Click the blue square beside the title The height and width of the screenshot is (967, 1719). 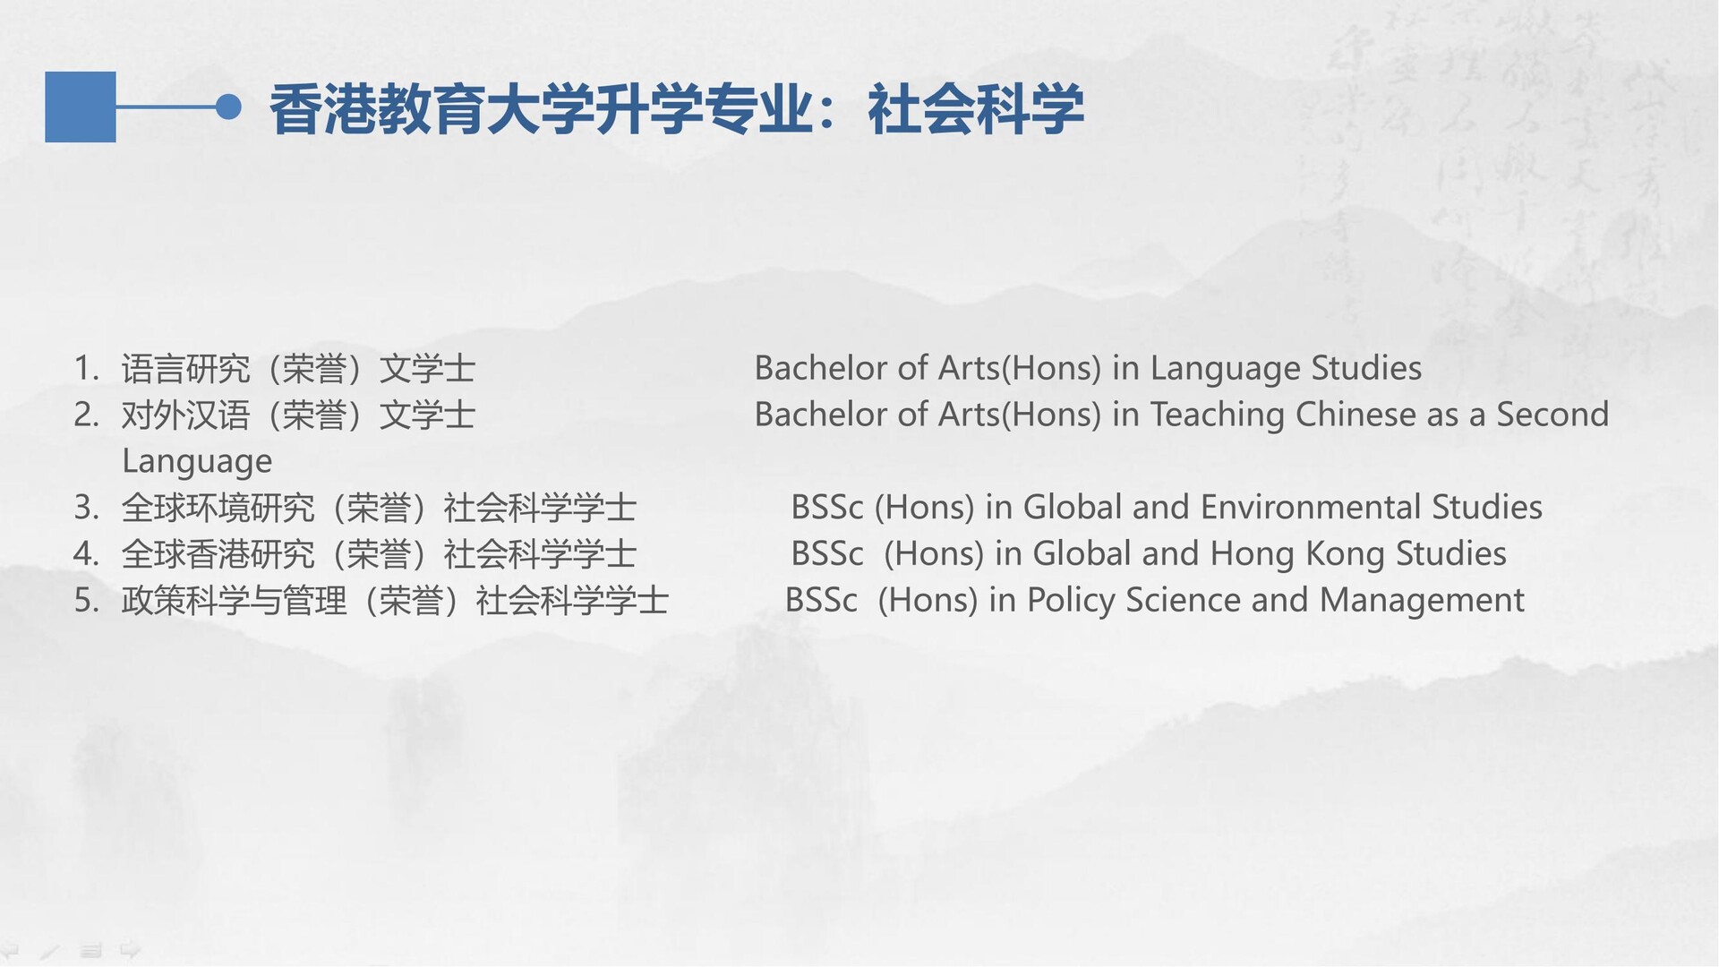pos(81,107)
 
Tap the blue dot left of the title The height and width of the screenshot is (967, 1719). pos(229,107)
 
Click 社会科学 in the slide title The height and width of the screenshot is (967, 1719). pos(976,109)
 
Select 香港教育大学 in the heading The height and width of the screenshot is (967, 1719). pos(432,109)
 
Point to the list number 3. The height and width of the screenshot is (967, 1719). pos(85,508)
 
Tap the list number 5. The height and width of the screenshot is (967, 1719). pos(85,601)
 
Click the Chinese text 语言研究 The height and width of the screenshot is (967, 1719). pos(186,369)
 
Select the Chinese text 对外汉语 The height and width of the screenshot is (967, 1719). pos(186,415)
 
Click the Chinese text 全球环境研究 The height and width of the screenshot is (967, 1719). pos(218,509)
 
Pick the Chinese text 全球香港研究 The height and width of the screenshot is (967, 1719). pos(218,555)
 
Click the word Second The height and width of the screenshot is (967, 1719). pos(1552,415)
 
